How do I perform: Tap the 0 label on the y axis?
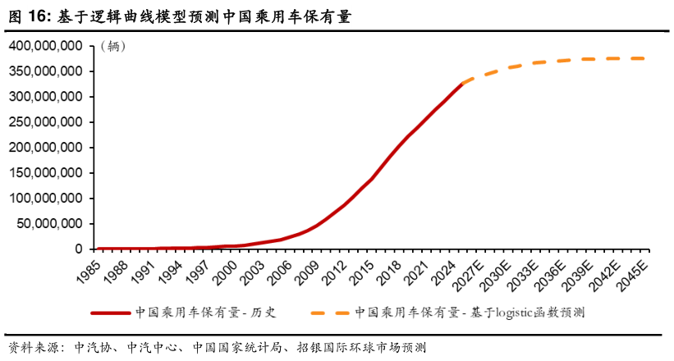80,249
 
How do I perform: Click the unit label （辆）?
113,47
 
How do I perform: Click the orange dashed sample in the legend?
326,313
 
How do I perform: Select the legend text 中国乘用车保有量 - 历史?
207,313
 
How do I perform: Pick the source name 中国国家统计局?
237,347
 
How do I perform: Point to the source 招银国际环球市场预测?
361,347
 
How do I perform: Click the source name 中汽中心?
152,347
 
